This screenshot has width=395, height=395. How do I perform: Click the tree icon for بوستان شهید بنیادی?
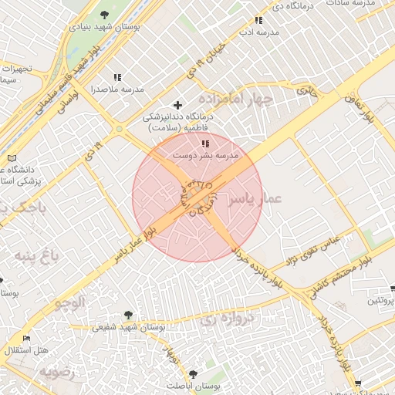(x=105, y=15)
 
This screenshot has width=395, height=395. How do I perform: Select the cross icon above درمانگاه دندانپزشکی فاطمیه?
(x=178, y=104)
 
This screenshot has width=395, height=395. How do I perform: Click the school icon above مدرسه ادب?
(x=258, y=21)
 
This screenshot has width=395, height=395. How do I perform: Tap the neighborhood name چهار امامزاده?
(x=235, y=100)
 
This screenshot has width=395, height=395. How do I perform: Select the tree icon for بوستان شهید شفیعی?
(x=128, y=315)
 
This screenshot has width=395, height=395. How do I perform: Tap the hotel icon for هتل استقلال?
(x=27, y=338)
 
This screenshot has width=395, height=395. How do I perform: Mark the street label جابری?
(x=308, y=89)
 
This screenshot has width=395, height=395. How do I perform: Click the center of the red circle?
(x=197, y=197)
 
